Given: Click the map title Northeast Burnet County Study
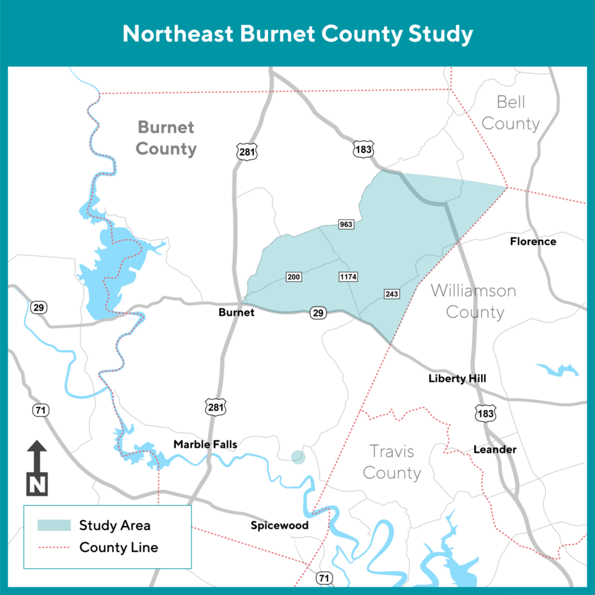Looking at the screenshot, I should point(297,34).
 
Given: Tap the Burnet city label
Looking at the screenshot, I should point(236,313).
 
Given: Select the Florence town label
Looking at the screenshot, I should point(533,241).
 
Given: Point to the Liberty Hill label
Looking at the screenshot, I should point(457,379).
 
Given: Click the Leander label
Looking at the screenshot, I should point(495,450).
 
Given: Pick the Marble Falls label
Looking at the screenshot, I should point(205,445).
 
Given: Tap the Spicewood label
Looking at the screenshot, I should point(279,526).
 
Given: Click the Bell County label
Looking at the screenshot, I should point(511,113).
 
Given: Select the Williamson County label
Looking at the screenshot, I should point(474,301).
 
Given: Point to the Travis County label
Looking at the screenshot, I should point(392,462).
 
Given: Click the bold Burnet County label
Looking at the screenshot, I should point(166,138).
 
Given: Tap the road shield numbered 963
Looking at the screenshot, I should point(346,224).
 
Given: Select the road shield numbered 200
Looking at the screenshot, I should point(294,277).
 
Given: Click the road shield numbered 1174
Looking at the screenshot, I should point(348,277).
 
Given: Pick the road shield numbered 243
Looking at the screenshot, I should point(392,294).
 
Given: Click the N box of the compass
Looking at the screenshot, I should point(38,484).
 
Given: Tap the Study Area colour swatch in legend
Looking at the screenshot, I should point(54,525).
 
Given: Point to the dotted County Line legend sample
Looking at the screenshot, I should point(54,547).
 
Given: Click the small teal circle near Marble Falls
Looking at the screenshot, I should point(298,457).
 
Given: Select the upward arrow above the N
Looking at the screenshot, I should point(38,453).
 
